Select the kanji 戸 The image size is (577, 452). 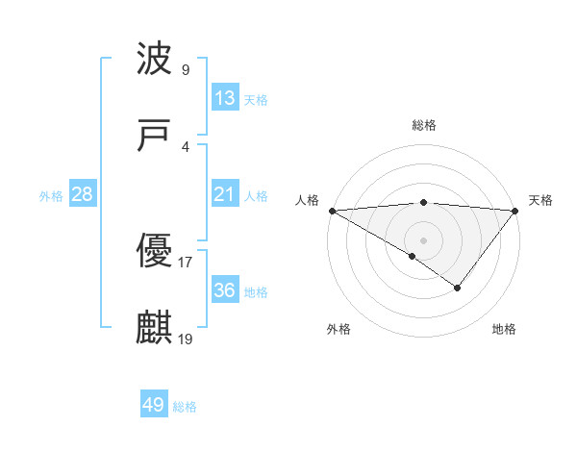155,137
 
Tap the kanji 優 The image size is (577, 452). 155,252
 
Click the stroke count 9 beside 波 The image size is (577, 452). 185,69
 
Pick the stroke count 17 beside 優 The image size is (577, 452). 186,262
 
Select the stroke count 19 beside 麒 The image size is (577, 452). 186,339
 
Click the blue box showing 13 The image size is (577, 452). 224,98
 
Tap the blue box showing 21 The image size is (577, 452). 224,194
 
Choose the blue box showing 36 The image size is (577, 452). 224,290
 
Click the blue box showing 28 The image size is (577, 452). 83,194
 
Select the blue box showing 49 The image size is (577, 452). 154,405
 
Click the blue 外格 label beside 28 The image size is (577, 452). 51,195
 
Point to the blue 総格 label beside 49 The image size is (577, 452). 186,407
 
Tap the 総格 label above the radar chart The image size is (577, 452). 424,125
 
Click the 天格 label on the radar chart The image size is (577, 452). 541,200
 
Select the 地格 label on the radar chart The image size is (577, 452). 504,329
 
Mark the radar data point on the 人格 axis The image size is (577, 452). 332,210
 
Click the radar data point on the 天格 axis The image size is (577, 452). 515,210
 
